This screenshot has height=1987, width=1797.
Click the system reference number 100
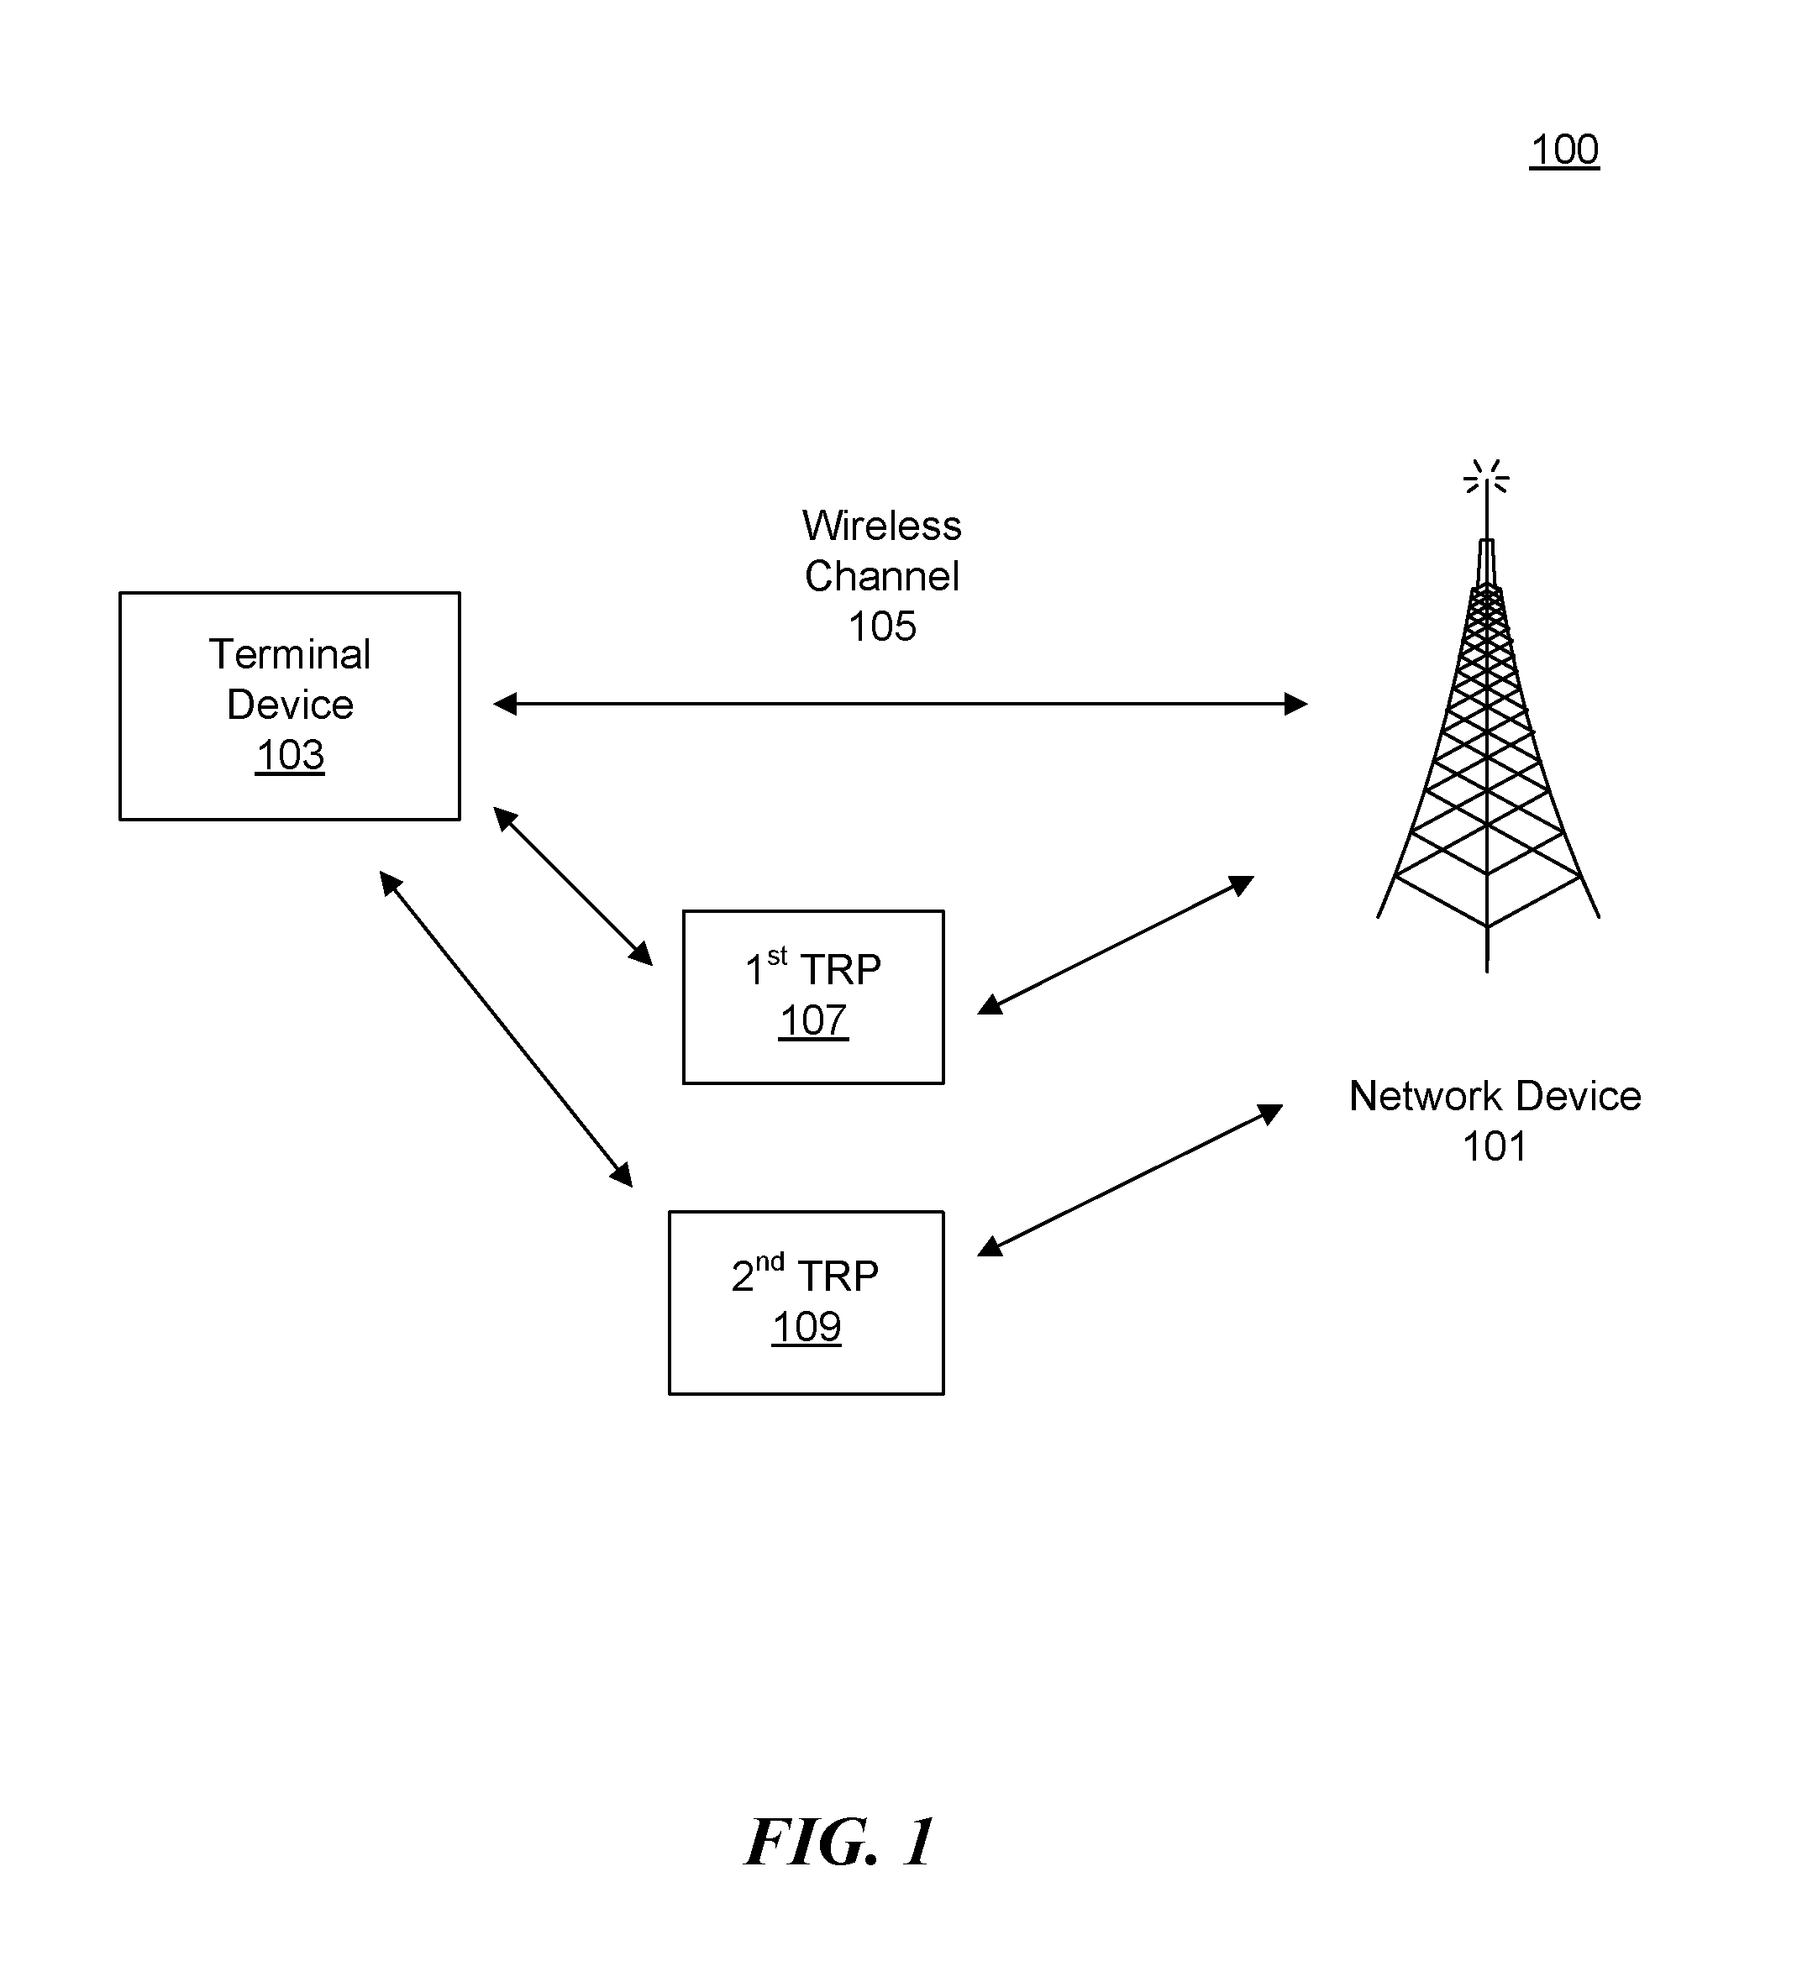tap(1563, 149)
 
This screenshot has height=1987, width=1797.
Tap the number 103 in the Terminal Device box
tap(290, 756)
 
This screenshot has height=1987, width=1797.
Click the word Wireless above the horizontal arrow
tap(881, 526)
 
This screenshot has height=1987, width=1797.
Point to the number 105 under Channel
tap(882, 627)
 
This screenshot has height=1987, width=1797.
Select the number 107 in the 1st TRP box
tap(813, 1021)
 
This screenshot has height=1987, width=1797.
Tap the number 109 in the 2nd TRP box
tap(807, 1328)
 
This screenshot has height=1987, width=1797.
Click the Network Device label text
tap(1495, 1096)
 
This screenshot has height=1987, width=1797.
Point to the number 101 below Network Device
tap(1495, 1146)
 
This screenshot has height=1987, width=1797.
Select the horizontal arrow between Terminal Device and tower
tap(900, 704)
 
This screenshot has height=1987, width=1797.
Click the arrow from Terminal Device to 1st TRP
tap(573, 885)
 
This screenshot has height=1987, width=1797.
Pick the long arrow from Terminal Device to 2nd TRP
tap(506, 1028)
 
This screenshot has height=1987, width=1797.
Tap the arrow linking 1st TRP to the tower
tap(1115, 944)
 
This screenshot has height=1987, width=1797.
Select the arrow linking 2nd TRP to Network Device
tap(1130, 1180)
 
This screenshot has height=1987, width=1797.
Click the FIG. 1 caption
tap(840, 1841)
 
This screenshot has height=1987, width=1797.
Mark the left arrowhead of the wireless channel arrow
tap(505, 704)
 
